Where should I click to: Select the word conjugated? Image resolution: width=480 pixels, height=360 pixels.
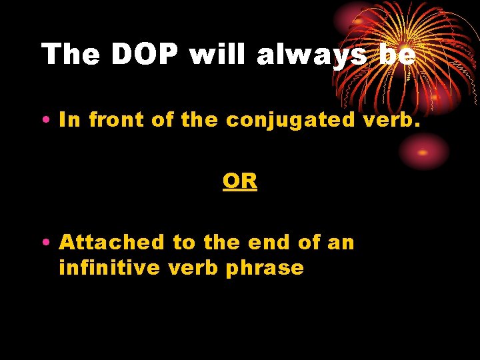click(x=289, y=120)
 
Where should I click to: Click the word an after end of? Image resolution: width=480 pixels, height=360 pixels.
click(x=341, y=243)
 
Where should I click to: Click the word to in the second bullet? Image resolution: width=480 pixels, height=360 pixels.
click(x=182, y=243)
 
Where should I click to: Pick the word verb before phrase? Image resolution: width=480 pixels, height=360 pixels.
click(x=202, y=268)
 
